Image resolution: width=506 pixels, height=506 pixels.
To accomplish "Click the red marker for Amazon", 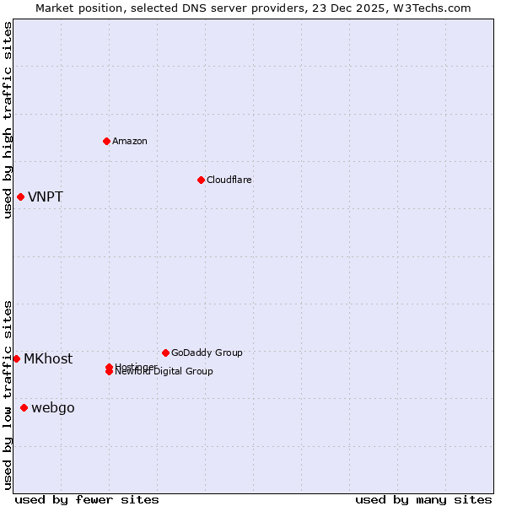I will click(x=107, y=141).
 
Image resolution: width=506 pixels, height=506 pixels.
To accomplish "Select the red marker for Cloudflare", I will click(x=201, y=180).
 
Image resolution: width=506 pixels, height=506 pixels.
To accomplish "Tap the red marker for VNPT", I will click(x=20, y=197).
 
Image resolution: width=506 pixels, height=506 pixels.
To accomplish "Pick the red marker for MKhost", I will click(x=16, y=358).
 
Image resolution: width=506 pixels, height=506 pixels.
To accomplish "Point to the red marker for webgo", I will click(x=24, y=408).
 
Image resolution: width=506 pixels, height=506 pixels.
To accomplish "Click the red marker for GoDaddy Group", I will click(x=165, y=353).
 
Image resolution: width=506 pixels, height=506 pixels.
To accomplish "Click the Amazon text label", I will click(x=130, y=141).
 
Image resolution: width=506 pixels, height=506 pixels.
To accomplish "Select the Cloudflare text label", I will click(x=229, y=180).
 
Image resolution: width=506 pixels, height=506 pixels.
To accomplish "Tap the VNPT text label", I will click(x=46, y=197).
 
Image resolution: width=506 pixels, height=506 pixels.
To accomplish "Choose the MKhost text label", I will click(x=48, y=358).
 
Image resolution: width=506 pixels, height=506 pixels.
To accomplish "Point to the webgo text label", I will click(x=53, y=408).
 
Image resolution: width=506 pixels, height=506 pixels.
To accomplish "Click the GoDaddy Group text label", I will click(x=207, y=353).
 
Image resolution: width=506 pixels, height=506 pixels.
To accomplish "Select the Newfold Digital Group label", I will click(x=165, y=372).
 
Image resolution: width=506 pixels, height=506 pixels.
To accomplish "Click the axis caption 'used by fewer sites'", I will click(x=87, y=499).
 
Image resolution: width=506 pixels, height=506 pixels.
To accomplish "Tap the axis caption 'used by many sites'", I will click(x=423, y=499).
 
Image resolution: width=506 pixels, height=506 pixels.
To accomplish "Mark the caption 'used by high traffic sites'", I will click(x=8, y=120).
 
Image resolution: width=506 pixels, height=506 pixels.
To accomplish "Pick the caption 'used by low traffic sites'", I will click(x=8, y=395).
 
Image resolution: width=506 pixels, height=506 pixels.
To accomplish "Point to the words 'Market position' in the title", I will click(x=74, y=8).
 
